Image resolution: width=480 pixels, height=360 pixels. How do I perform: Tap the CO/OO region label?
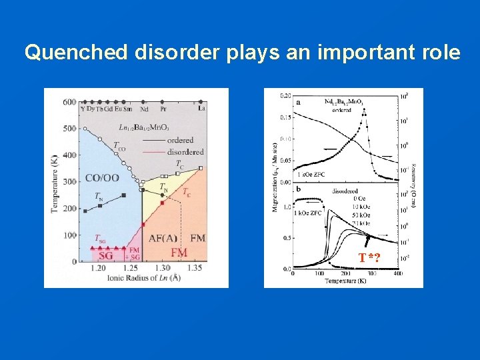[x=102, y=178]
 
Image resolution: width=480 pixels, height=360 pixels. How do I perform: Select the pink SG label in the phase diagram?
[x=106, y=255]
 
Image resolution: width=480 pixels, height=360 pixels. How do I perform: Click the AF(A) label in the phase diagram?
[x=163, y=238]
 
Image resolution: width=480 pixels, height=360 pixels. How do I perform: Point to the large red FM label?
[x=179, y=253]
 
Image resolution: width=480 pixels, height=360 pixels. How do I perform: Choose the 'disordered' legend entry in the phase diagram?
[x=185, y=151]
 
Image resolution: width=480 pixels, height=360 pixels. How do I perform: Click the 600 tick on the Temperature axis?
[x=69, y=102]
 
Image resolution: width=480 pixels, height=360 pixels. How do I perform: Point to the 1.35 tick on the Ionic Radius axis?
[x=195, y=268]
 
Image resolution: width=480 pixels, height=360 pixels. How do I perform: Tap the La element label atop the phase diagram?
[x=201, y=108]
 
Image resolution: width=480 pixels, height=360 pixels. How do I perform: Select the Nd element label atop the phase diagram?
[x=145, y=108]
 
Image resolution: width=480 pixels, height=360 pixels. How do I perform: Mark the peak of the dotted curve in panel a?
[x=364, y=110]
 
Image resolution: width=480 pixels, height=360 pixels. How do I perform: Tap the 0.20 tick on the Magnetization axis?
[x=285, y=95]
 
